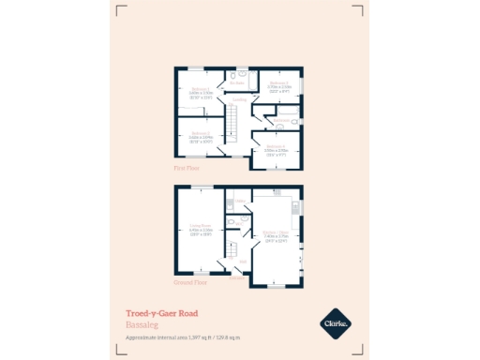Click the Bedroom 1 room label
pos(199,91)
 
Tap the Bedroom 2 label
pos(277,84)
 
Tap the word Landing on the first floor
pos(240,98)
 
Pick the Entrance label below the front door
pos(236,277)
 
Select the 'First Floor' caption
pos(187,168)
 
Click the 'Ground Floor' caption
pos(189,281)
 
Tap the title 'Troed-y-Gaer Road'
pos(161,313)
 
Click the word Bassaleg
pos(142,324)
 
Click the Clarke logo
pos(337,323)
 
